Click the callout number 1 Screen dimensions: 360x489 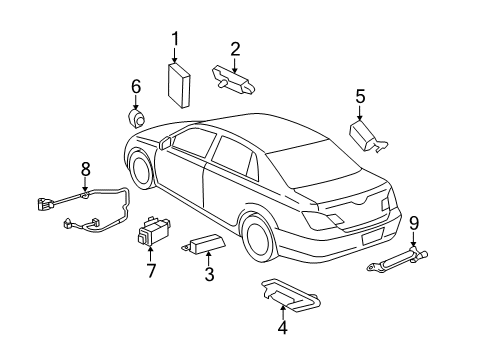(175, 40)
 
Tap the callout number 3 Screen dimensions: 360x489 (208, 275)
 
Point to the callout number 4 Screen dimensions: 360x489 (282, 326)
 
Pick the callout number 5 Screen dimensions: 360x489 (361, 96)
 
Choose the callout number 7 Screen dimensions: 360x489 (152, 270)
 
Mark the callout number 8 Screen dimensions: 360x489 (86, 168)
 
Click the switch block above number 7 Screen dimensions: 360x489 (152, 238)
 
